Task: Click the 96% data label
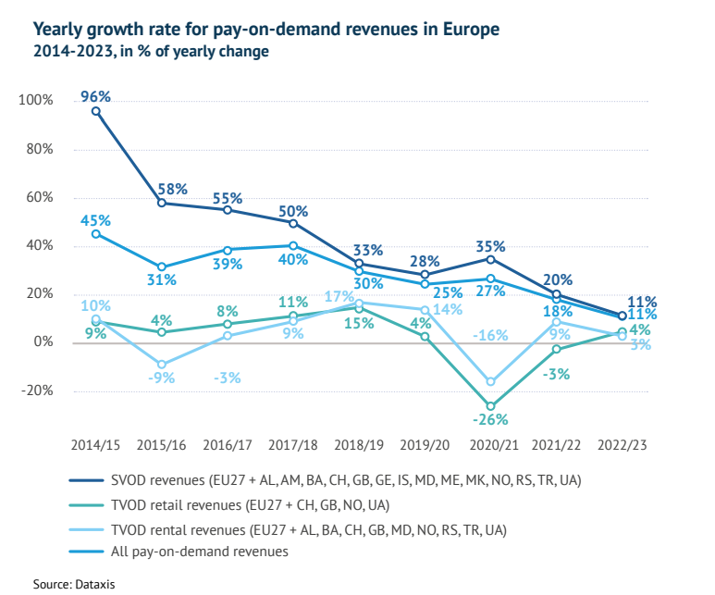point(95,95)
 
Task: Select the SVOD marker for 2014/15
point(96,111)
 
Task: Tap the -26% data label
point(490,421)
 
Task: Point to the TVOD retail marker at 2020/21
point(491,406)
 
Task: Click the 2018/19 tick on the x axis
point(359,445)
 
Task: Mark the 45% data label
point(95,220)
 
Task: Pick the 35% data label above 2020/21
point(490,246)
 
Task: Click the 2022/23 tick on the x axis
point(622,445)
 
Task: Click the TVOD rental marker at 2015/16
point(162,365)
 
